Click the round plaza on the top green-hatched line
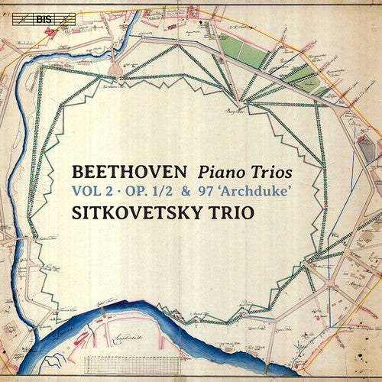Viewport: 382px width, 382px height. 115,70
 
